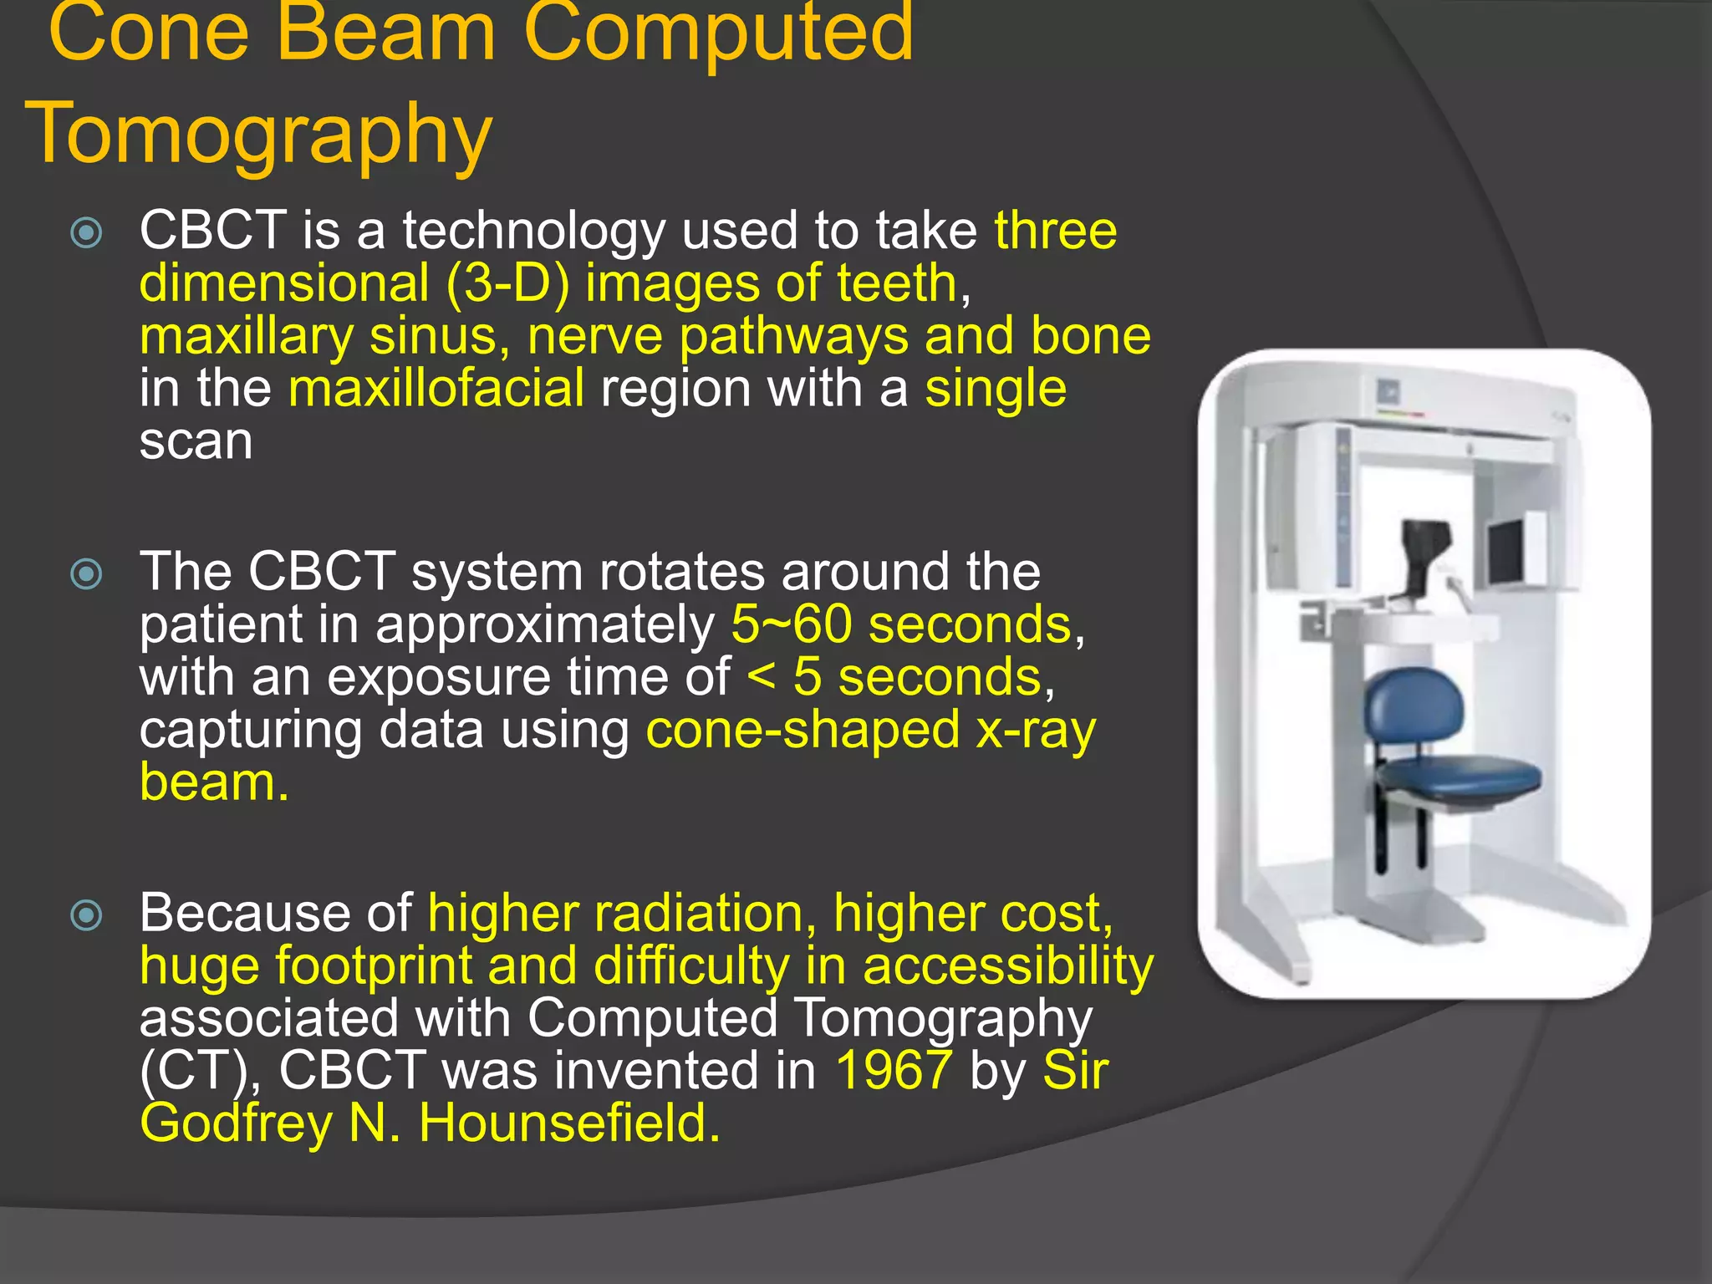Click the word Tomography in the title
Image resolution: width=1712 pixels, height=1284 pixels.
click(x=259, y=134)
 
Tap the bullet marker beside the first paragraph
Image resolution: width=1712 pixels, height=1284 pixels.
click(x=87, y=233)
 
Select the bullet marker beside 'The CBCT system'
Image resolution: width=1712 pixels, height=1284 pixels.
click(x=87, y=574)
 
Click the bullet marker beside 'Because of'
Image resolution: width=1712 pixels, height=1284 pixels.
click(x=87, y=915)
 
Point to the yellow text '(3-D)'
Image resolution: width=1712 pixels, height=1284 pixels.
click(x=507, y=284)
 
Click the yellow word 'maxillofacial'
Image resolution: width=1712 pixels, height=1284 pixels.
click(x=436, y=390)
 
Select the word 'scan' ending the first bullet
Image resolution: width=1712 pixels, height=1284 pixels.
click(x=196, y=442)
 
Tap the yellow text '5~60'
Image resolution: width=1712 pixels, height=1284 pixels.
click(x=791, y=625)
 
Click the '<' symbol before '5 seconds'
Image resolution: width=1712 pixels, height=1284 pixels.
click(x=761, y=677)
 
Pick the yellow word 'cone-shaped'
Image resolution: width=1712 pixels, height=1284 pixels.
click(x=802, y=731)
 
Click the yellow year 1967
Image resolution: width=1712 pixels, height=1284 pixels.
click(x=894, y=1071)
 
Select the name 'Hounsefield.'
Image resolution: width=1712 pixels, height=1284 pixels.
click(x=569, y=1123)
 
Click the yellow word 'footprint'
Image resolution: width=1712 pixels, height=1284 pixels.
click(x=374, y=966)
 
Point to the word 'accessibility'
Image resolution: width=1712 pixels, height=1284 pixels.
click(x=1008, y=966)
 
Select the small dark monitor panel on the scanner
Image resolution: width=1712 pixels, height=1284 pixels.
click(x=1505, y=553)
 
